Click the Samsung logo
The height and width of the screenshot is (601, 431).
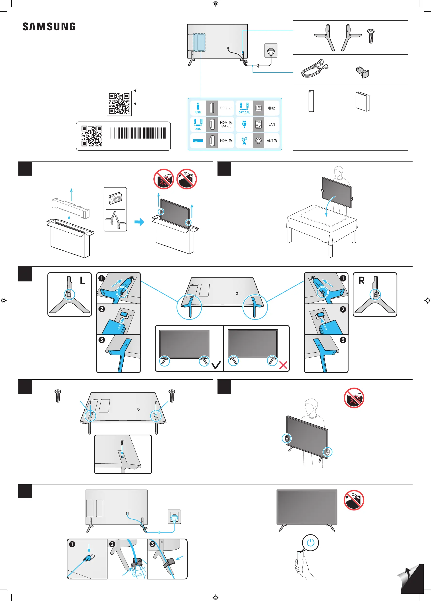tap(49, 26)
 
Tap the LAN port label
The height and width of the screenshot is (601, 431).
tap(272, 124)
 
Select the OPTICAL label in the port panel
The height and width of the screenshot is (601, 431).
tap(244, 112)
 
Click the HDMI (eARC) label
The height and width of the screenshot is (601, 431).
tap(226, 124)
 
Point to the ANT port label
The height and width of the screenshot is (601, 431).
tap(271, 141)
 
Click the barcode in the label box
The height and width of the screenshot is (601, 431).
tap(138, 133)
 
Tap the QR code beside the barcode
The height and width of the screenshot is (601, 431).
tap(92, 136)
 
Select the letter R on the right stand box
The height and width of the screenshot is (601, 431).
tap(361, 281)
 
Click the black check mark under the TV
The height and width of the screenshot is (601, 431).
tap(216, 365)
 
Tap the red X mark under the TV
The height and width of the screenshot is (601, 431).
tap(283, 365)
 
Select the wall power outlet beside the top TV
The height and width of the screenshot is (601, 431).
tap(271, 50)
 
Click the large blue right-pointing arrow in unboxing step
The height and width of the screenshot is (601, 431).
tap(139, 222)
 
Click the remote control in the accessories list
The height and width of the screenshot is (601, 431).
tap(311, 101)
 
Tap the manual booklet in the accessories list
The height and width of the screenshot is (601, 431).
tap(362, 102)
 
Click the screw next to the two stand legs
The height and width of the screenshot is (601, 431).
tap(371, 36)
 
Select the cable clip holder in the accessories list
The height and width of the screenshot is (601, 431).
tap(362, 72)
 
